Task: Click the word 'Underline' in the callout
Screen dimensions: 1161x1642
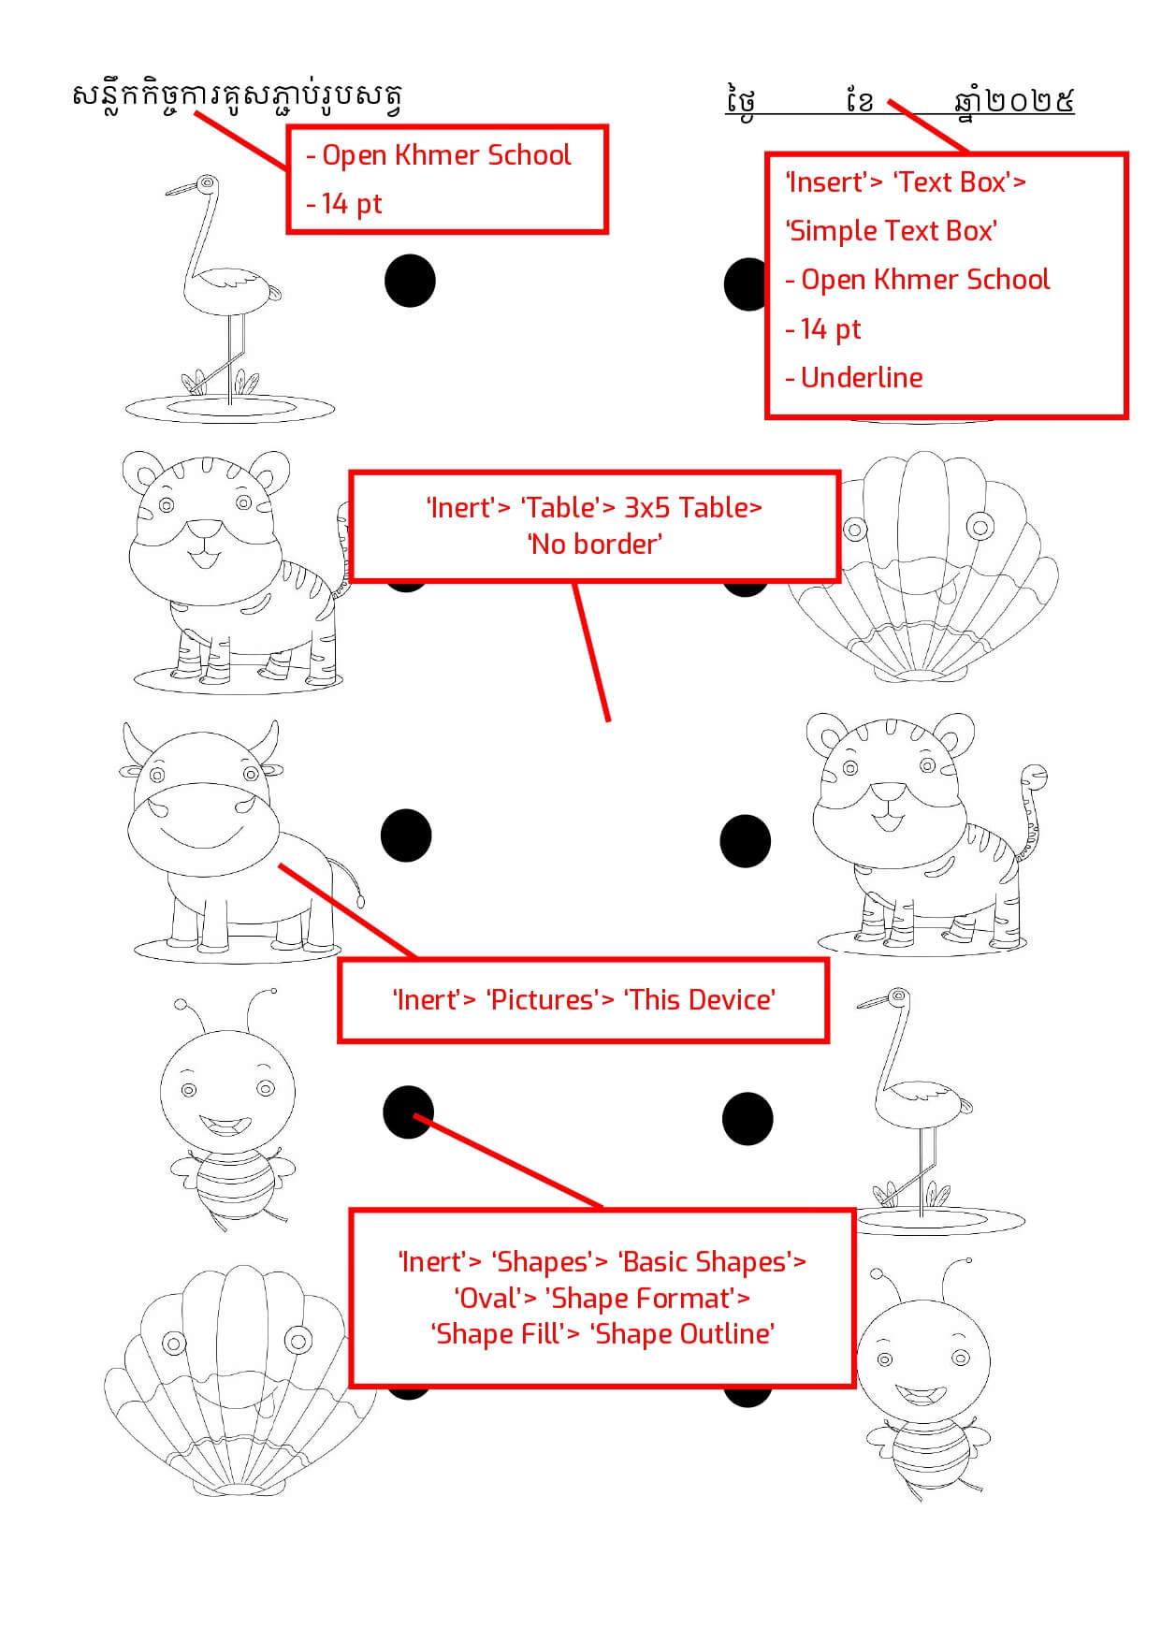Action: pos(862,377)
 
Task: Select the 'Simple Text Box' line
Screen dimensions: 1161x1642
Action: pos(893,230)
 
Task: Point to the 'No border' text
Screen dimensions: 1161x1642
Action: pos(595,544)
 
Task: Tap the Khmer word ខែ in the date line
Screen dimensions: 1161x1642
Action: pos(858,99)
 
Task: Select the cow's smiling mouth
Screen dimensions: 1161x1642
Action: pos(203,832)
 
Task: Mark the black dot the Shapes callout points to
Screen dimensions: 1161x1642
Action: pos(409,1112)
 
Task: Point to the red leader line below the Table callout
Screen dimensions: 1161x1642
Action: pos(591,651)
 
